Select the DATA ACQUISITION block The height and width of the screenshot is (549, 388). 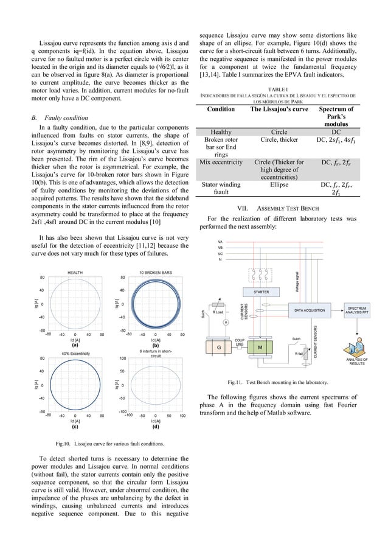[310, 310]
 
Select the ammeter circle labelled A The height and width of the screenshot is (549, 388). [225, 322]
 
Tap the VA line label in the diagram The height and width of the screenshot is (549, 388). [220, 242]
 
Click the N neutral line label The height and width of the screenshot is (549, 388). [220, 259]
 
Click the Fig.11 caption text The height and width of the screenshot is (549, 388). [277, 382]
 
